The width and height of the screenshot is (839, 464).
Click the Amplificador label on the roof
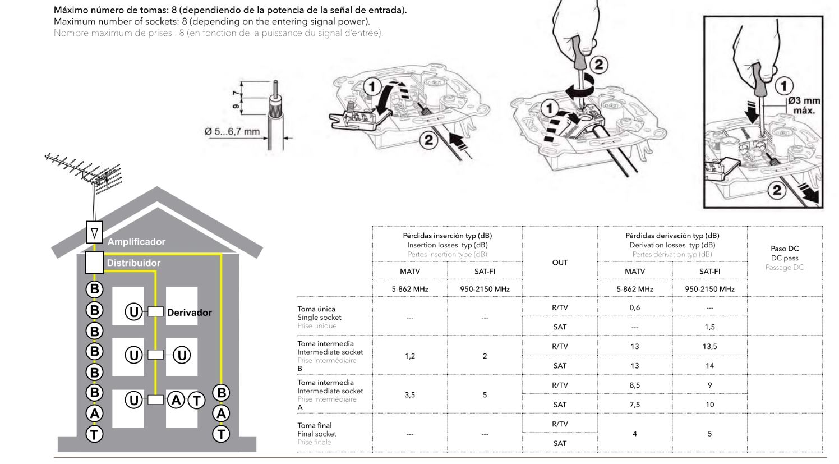coord(136,242)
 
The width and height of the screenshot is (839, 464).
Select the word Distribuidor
coord(133,263)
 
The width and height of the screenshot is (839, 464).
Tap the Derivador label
coord(189,313)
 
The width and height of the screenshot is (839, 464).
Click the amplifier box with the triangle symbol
coord(94,231)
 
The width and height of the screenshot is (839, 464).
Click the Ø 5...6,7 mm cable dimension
coord(232,132)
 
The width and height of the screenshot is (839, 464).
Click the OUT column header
coord(560,263)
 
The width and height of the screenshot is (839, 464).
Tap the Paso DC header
coord(785,249)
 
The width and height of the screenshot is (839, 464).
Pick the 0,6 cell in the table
coord(634,307)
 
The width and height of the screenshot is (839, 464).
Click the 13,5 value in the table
coord(709,346)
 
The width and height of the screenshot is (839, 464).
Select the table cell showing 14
coord(709,366)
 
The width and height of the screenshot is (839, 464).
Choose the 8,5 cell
coord(634,385)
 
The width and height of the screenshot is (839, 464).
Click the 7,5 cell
coord(634,405)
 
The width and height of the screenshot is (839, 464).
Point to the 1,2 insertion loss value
coord(410,356)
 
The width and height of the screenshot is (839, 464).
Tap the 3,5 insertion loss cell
coord(410,395)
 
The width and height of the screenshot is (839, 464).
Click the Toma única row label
coord(316,309)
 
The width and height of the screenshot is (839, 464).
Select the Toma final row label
coord(314,425)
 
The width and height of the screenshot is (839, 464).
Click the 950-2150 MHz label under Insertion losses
coord(485,289)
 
